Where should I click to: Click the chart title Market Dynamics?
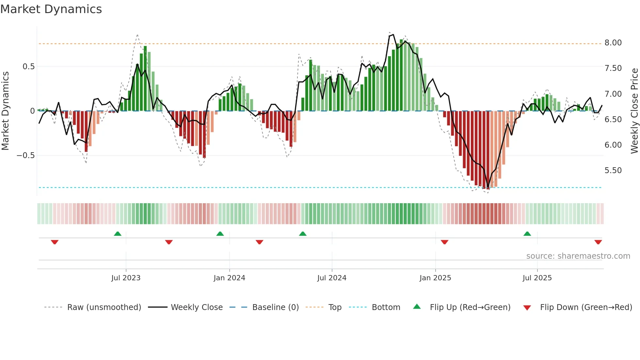51,9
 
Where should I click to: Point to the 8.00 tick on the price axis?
613,43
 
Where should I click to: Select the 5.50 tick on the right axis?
613,171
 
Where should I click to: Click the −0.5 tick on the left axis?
26,155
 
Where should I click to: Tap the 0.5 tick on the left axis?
28,67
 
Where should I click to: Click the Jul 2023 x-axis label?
126,278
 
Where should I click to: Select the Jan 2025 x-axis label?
435,278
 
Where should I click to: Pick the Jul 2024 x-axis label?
331,278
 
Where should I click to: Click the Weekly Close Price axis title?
634,111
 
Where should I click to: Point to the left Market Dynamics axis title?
5,111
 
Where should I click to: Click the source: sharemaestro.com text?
578,256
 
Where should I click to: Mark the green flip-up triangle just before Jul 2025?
527,234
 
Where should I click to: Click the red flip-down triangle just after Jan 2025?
444,242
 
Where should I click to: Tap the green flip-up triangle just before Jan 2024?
220,234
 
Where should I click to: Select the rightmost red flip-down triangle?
598,242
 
